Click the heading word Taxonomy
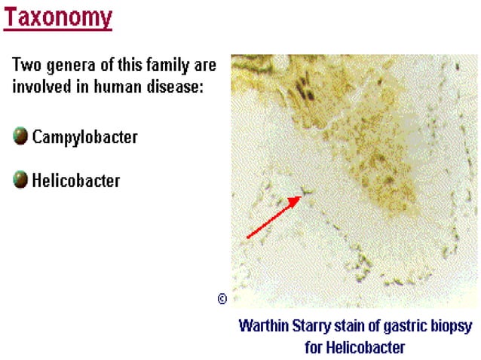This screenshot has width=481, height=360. click(x=58, y=16)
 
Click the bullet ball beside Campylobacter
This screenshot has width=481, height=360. click(x=20, y=137)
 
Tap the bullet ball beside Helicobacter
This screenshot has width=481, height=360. click(x=20, y=179)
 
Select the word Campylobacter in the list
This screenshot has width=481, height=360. click(x=84, y=138)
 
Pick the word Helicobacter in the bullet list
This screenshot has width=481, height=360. click(x=75, y=180)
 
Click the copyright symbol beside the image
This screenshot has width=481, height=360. click(x=222, y=298)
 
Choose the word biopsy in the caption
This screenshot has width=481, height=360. click(x=451, y=326)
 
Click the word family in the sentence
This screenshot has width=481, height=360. click(x=173, y=65)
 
